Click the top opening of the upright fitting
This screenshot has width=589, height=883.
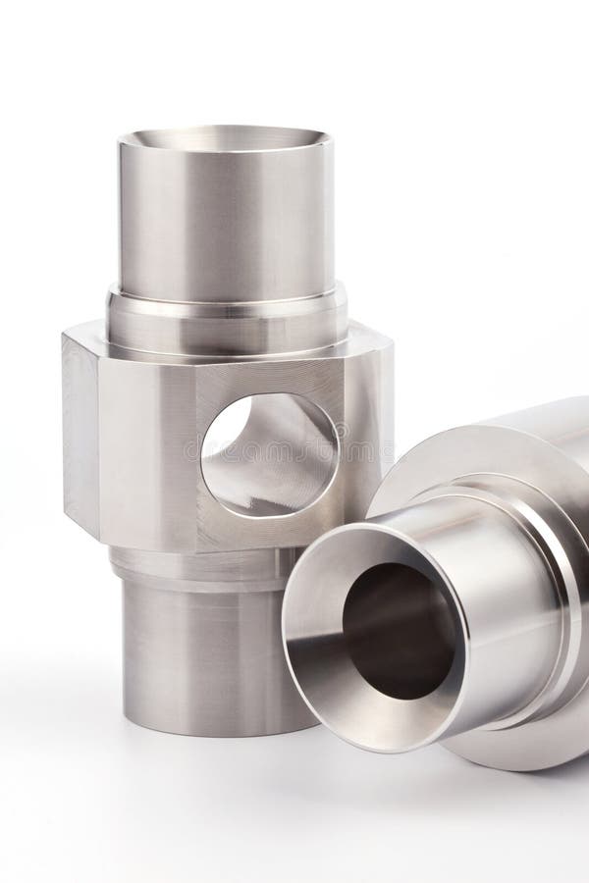(226, 136)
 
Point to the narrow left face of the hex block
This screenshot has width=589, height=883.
(80, 432)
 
